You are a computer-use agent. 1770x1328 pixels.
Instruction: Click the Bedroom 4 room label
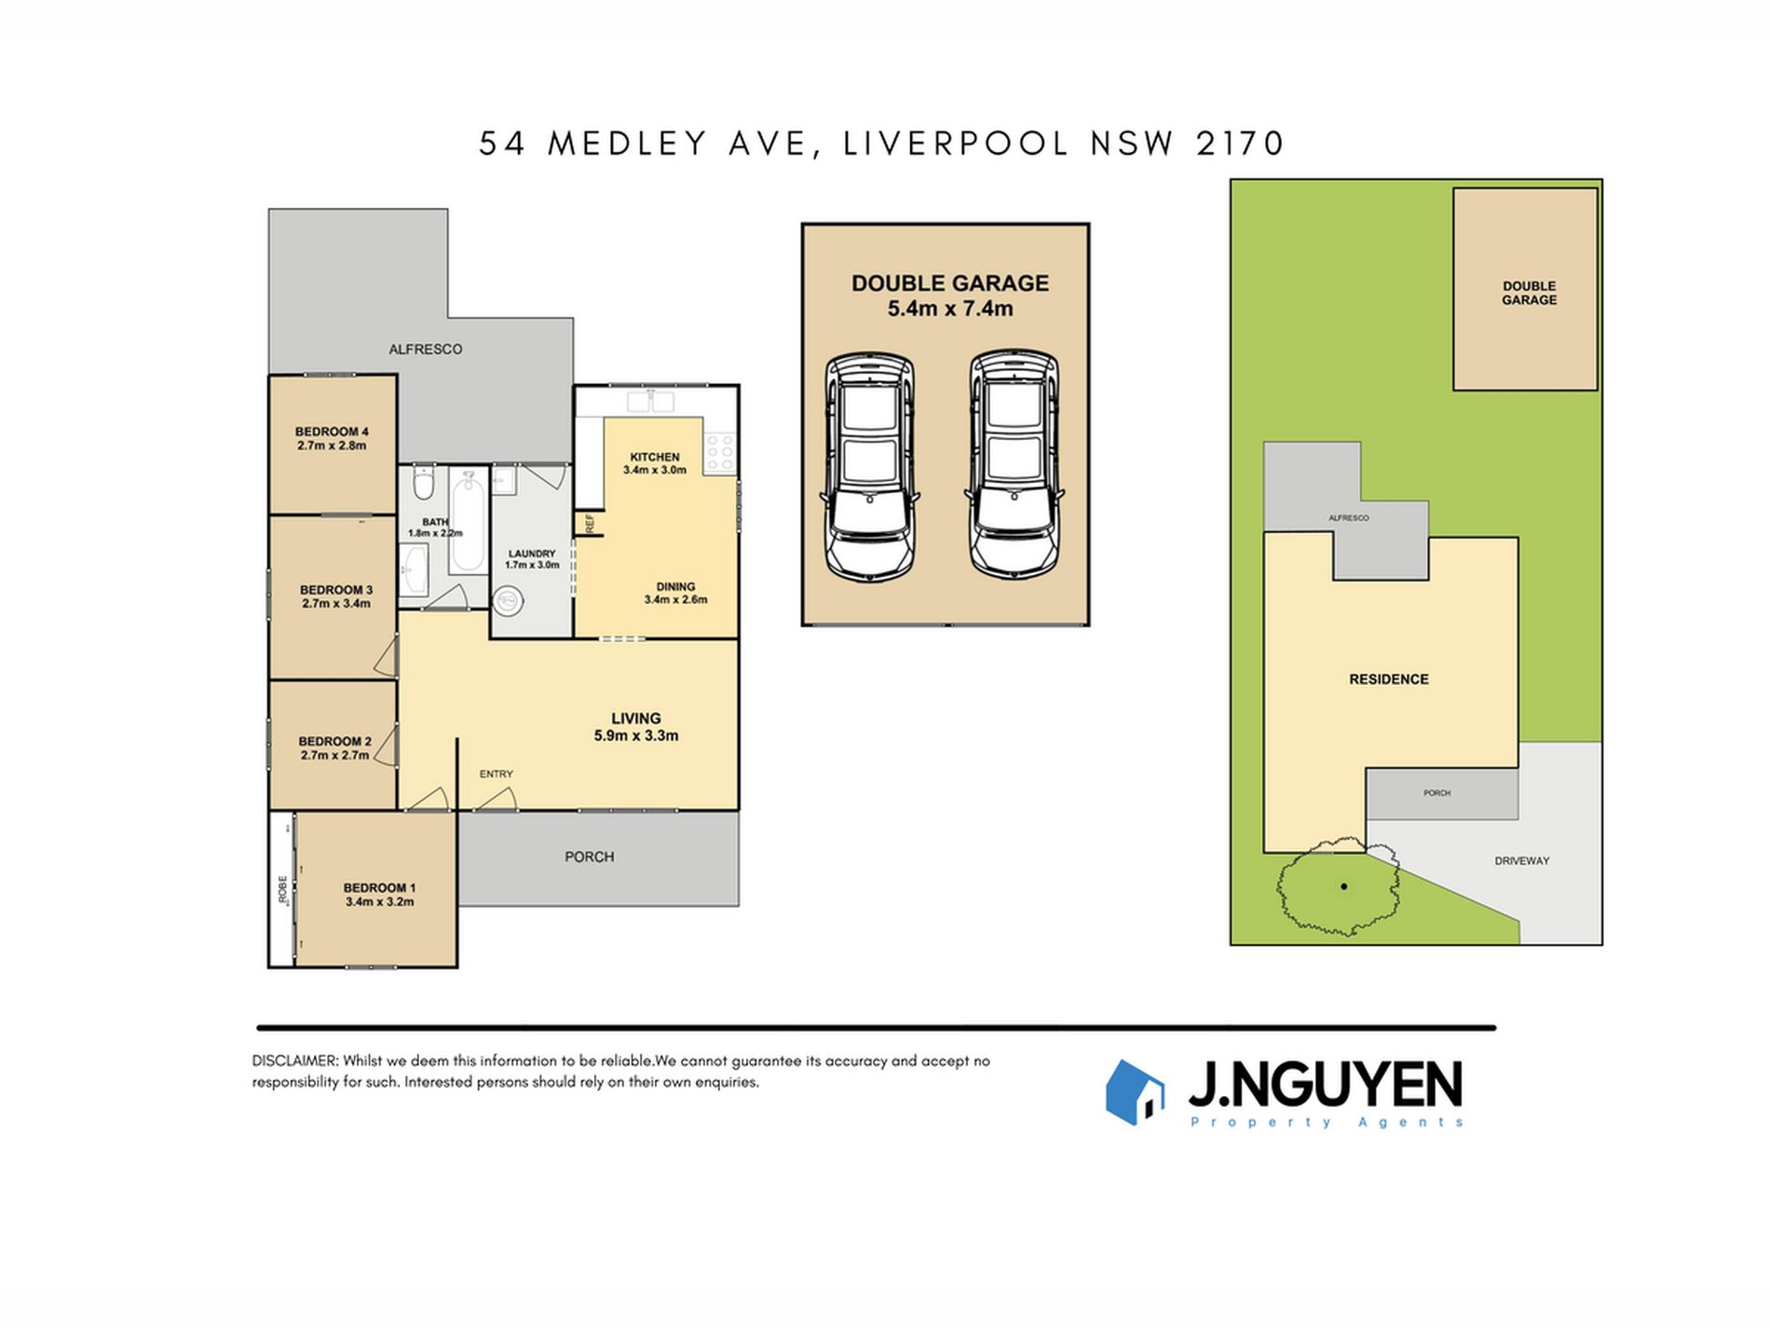tap(332, 431)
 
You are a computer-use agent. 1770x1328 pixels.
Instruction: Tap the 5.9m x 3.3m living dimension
tap(636, 735)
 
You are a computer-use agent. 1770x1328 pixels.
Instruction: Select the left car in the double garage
tap(870, 466)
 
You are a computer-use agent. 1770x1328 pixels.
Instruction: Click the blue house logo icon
tap(1135, 1092)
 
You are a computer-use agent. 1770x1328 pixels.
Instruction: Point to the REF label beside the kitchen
tap(590, 524)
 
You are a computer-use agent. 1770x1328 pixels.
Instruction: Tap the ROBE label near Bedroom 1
tap(282, 888)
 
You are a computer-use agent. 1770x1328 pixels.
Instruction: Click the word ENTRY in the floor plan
tap(497, 774)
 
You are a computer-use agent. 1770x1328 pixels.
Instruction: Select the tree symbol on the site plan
tap(1338, 885)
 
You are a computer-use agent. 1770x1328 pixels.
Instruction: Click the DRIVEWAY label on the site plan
tap(1522, 861)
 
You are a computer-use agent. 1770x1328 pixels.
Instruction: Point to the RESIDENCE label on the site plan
tap(1389, 679)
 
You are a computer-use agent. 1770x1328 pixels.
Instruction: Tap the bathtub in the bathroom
tap(468, 521)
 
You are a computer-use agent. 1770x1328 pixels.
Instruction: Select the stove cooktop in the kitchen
tap(720, 452)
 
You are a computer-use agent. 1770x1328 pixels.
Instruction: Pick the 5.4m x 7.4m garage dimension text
tap(950, 308)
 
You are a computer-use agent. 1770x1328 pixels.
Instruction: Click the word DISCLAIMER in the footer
tap(293, 1061)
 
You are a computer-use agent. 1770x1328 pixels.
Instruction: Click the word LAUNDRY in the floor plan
tap(532, 554)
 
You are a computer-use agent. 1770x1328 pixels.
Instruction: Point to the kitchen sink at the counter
tap(650, 401)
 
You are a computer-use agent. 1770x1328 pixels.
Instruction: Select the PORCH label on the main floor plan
tap(590, 856)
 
